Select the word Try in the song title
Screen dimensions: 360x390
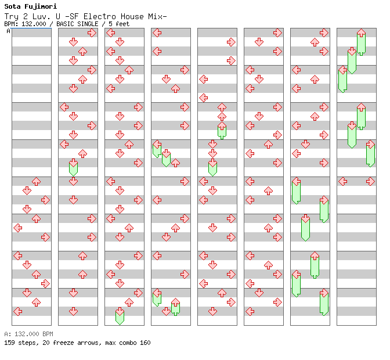click(x=12, y=16)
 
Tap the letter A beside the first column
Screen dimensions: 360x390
click(x=8, y=31)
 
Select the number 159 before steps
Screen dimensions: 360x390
click(x=9, y=343)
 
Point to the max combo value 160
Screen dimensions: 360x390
click(x=145, y=343)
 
